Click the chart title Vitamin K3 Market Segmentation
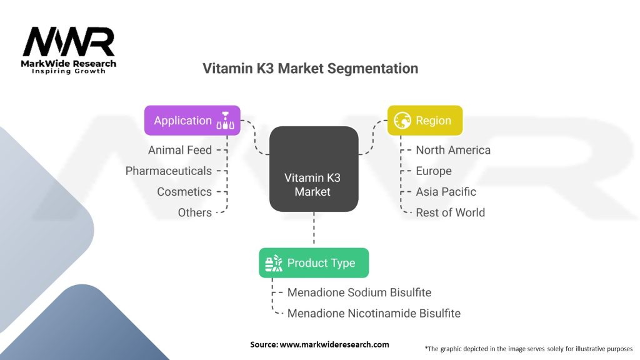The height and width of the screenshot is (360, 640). (310, 68)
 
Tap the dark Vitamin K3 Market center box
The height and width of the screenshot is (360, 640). (314, 169)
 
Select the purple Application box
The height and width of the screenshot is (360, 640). (192, 121)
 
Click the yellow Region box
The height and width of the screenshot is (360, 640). (425, 121)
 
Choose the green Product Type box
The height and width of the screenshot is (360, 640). (314, 263)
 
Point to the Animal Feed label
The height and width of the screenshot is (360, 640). (180, 150)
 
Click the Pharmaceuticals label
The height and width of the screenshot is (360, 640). (169, 171)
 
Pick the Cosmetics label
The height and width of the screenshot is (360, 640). (184, 192)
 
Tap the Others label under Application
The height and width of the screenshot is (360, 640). (195, 212)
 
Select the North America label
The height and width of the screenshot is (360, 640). (453, 150)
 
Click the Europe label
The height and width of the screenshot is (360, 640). (434, 171)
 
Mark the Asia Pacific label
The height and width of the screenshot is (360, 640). (446, 192)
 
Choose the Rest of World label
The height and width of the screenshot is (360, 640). (450, 212)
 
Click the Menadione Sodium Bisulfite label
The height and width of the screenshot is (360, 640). (359, 292)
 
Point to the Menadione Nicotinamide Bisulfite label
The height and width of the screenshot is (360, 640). (374, 313)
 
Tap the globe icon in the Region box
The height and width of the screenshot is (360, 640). (402, 121)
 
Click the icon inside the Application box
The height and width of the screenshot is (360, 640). (226, 121)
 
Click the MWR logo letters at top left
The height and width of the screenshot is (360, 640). (69, 42)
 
